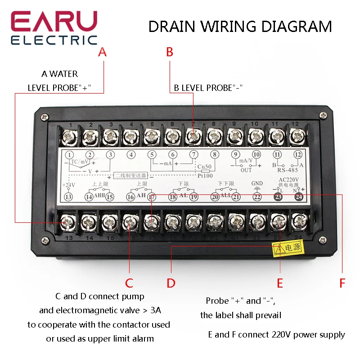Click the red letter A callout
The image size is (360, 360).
[x=102, y=52]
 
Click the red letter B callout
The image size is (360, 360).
[x=170, y=52]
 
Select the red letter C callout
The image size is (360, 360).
[x=129, y=283]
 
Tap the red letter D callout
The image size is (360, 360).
[x=171, y=283]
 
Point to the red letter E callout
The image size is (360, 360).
[x=280, y=283]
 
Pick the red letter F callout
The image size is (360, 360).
[x=342, y=283]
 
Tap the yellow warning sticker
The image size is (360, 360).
[x=287, y=247]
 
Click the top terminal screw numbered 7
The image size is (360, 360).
[x=193, y=135]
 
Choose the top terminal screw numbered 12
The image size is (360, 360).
[x=295, y=135]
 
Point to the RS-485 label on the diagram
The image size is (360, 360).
[x=284, y=170]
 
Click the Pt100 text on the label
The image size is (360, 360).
[x=205, y=176]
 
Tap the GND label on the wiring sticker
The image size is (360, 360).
[x=256, y=184]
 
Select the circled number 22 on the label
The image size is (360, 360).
[x=257, y=197]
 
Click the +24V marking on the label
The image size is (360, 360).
[x=68, y=184]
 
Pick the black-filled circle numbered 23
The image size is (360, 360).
[x=278, y=197]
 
